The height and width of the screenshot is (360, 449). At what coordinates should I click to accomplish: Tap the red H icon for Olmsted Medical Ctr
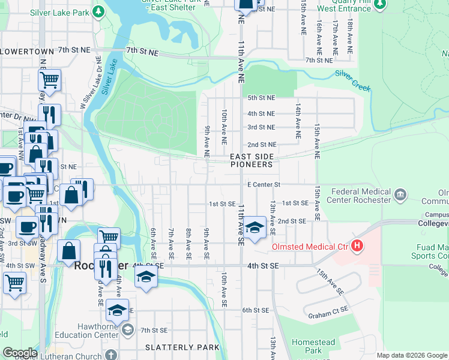tap(358, 245)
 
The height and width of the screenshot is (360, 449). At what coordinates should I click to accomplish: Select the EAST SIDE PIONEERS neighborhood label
tap(252, 160)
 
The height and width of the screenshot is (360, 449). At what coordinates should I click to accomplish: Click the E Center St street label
tap(264, 184)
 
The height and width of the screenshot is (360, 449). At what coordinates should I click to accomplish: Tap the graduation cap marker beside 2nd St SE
tap(255, 228)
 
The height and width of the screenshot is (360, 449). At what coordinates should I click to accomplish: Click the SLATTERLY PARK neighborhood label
tap(178, 347)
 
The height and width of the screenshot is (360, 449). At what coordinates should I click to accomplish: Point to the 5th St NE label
tap(261, 97)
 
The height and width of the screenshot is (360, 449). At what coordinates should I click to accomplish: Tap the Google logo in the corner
tap(20, 353)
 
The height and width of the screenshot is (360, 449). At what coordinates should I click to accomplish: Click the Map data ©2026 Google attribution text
tap(412, 355)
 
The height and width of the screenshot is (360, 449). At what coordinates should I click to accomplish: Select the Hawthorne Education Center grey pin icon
tap(127, 329)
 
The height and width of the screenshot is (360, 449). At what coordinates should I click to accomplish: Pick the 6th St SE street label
tap(255, 310)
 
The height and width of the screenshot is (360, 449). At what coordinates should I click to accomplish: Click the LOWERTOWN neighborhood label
tap(28, 52)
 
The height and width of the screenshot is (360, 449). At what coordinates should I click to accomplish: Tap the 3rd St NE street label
tap(261, 127)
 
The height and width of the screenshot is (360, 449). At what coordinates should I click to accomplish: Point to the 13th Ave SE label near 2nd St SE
tap(273, 217)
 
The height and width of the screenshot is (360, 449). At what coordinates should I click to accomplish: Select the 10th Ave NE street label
tap(223, 124)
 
